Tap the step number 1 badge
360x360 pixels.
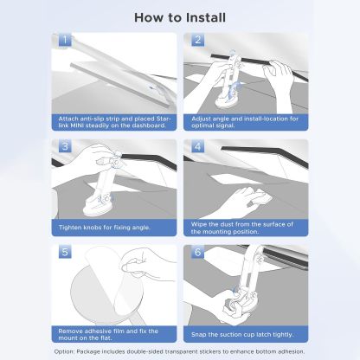[65, 40]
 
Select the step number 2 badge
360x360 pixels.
[197, 40]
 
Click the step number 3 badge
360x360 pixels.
[65, 145]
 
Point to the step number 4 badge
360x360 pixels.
[197, 145]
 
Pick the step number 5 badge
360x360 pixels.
[65, 252]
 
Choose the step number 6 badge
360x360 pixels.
[197, 252]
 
